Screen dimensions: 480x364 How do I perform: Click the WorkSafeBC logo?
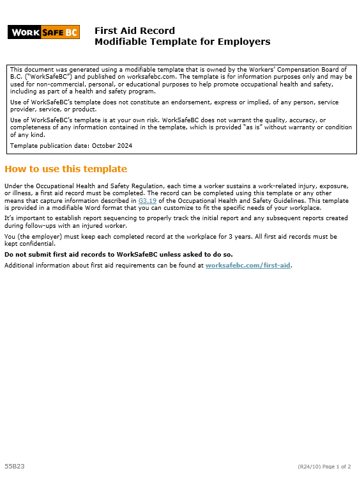[x=43, y=32]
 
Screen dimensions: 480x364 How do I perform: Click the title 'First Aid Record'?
[x=134, y=31]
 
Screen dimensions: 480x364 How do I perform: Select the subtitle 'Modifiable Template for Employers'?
[x=182, y=42]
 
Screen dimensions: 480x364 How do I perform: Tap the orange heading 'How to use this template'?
[x=66, y=169]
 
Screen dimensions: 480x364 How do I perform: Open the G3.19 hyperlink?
[x=146, y=201]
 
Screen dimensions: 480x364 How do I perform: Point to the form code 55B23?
[x=15, y=466]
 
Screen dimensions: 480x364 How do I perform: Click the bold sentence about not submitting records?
[x=118, y=254]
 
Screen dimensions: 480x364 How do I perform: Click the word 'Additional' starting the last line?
[x=19, y=265]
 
